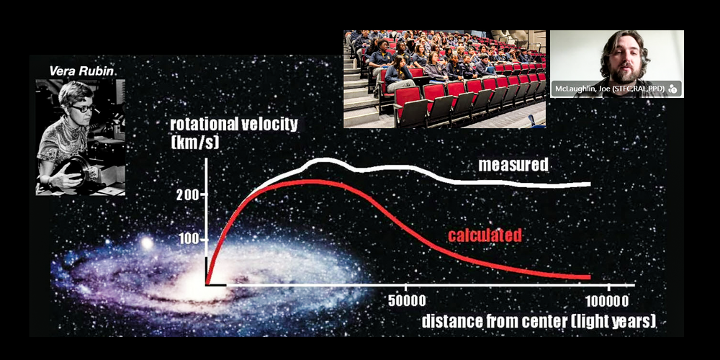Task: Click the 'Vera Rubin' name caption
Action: [x=81, y=71]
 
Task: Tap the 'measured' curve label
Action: [x=513, y=165]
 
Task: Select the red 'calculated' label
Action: [x=485, y=235]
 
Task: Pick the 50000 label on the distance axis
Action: [x=407, y=301]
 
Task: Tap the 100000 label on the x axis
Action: [x=608, y=301]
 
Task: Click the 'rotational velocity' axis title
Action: [x=234, y=125]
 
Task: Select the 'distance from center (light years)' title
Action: [x=539, y=321]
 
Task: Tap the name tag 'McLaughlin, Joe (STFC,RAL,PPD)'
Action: [x=608, y=88]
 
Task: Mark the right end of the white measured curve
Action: [x=590, y=184]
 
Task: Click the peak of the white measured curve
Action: [x=324, y=161]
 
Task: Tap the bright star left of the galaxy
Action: [x=147, y=243]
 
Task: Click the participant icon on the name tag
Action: [x=672, y=88]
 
